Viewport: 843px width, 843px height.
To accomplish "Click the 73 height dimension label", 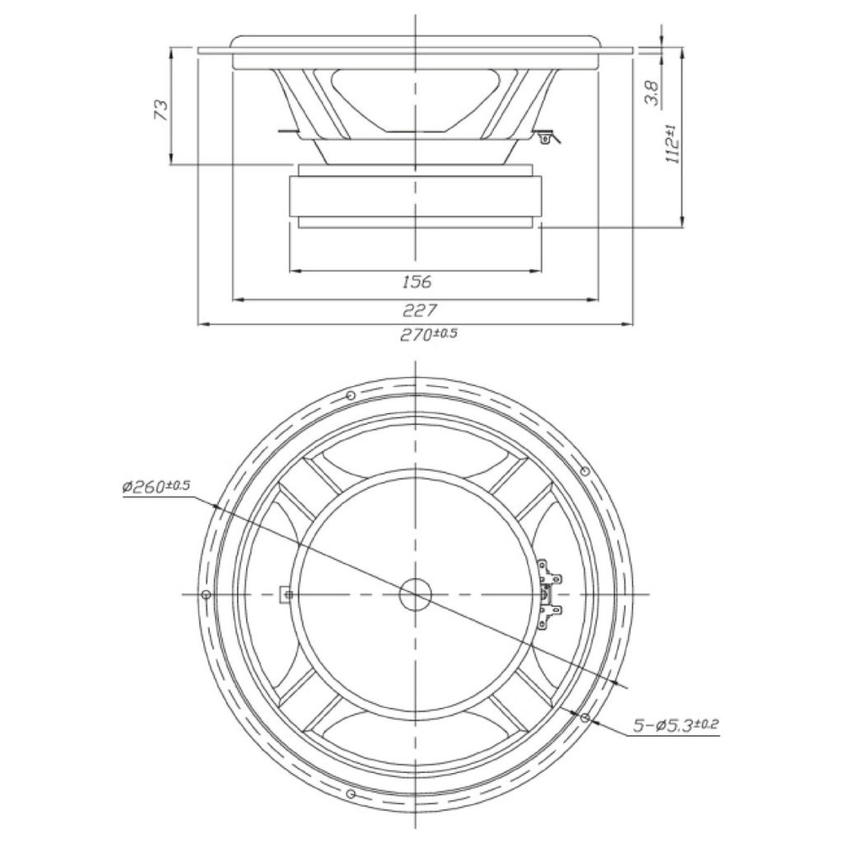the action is coord(162,109).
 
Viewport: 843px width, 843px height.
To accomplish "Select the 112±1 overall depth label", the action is coord(673,143).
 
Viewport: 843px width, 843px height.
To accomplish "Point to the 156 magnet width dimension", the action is coord(416,282).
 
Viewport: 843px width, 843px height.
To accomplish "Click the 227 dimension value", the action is coord(419,309).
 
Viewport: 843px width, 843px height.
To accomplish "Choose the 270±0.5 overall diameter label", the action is coord(428,335).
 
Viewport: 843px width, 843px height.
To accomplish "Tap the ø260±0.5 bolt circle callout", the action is coord(157,487).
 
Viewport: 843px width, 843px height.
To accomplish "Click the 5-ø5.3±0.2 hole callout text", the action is coord(676,727).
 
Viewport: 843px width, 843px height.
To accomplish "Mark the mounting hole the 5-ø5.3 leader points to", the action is coord(586,717).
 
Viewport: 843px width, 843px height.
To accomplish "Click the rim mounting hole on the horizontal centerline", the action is coord(206,594).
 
